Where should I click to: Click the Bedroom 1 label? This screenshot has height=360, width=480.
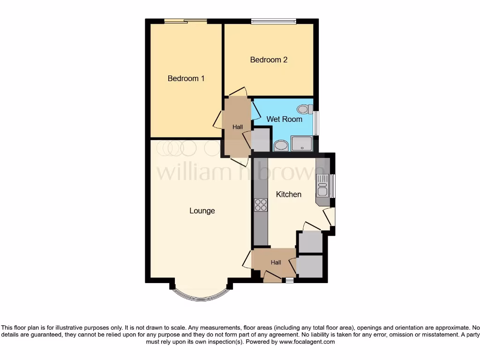(186, 79)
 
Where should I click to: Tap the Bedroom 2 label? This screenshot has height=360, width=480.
(269, 60)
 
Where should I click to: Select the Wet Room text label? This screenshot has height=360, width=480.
(284, 120)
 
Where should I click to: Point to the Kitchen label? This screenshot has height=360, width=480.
(288, 194)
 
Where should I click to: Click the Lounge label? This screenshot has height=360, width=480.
(202, 211)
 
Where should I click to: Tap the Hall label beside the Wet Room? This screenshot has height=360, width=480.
(238, 127)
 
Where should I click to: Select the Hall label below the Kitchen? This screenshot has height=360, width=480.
(276, 262)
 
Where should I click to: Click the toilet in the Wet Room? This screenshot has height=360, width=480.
(305, 109)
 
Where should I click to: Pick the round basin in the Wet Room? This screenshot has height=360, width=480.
(281, 145)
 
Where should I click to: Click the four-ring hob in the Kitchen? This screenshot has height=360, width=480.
(261, 205)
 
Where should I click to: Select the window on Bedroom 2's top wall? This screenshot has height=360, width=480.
(273, 21)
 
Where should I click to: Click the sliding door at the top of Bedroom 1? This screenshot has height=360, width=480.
(186, 21)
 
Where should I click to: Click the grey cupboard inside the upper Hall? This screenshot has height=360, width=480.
(261, 140)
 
